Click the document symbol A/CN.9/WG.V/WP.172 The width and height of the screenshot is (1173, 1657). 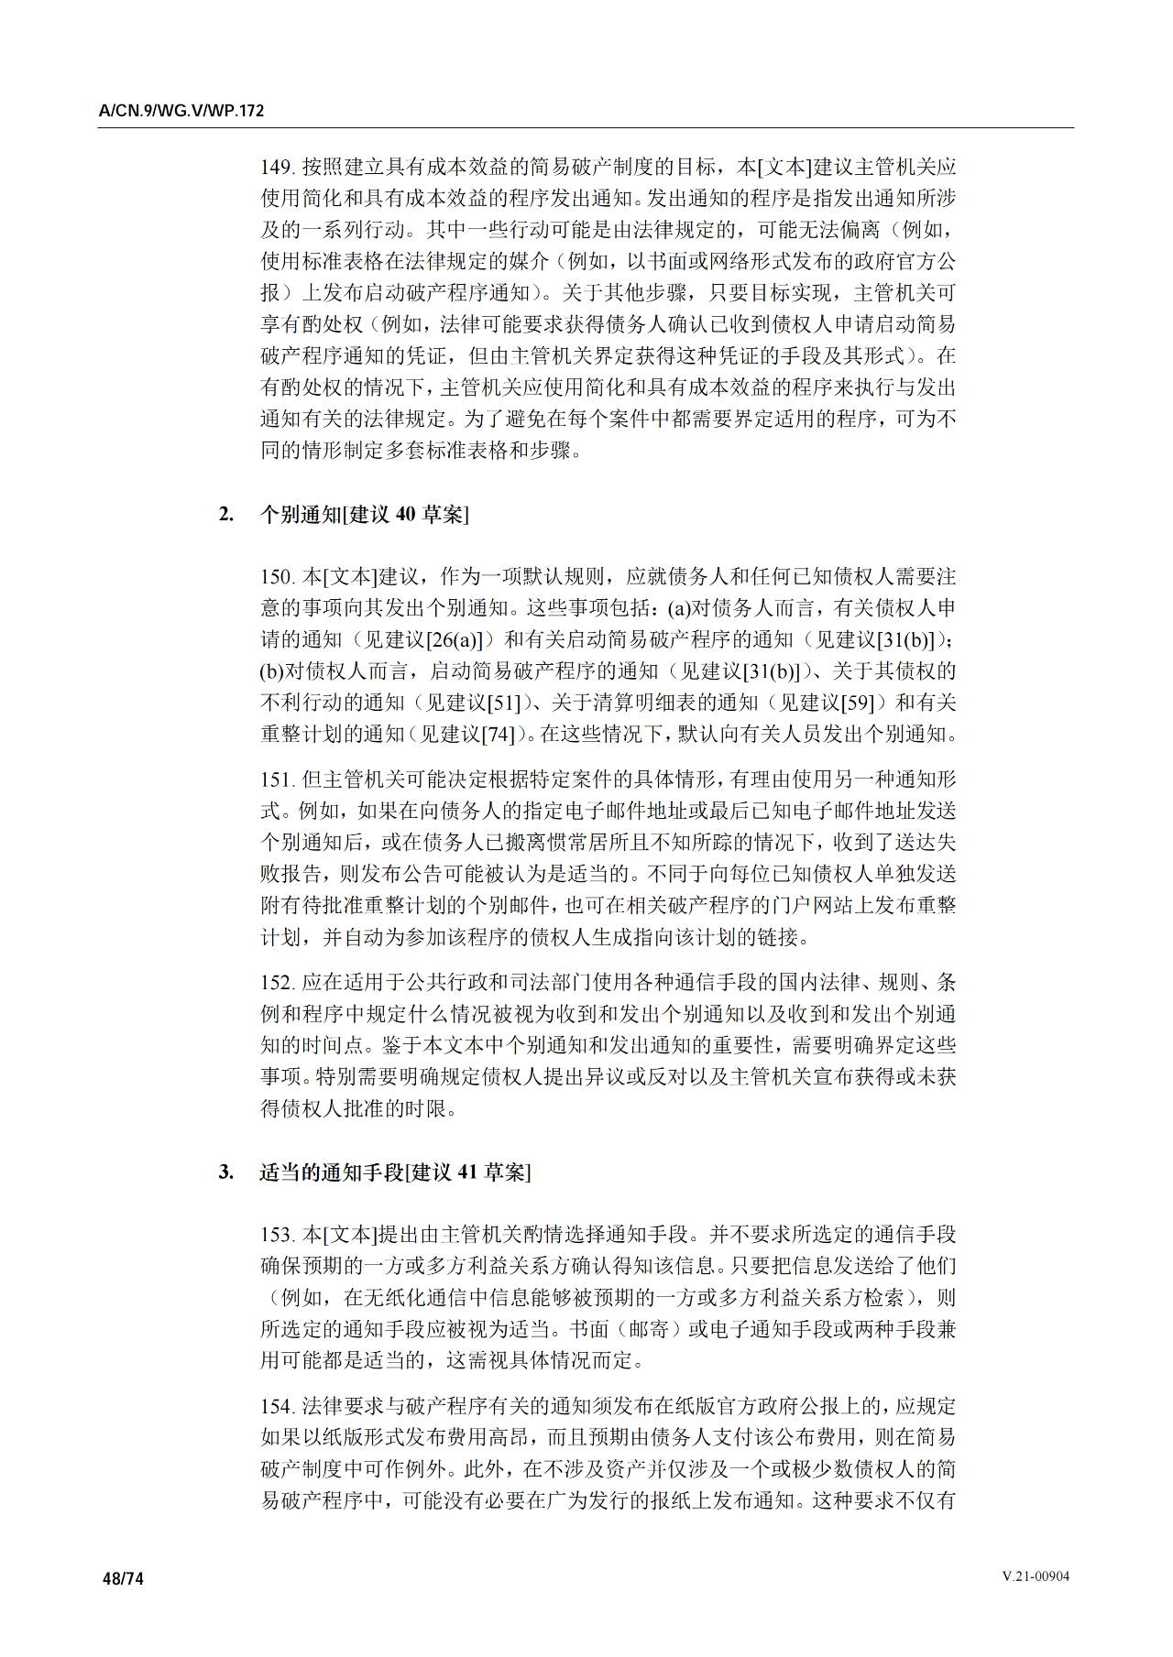click(x=181, y=111)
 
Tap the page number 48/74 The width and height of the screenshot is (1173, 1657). click(x=123, y=1578)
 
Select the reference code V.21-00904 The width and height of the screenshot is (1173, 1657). click(x=1035, y=1576)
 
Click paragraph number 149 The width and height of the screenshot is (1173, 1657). click(x=276, y=167)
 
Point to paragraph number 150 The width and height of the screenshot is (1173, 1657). click(x=276, y=576)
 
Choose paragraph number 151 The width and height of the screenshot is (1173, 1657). click(x=276, y=779)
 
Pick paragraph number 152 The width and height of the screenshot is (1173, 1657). click(x=276, y=983)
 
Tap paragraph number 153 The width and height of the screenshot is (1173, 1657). click(x=276, y=1235)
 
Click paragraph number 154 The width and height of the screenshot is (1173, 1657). click(x=276, y=1406)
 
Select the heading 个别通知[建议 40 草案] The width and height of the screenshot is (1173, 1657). click(x=364, y=515)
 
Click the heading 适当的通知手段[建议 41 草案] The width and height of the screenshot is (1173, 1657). click(x=395, y=1172)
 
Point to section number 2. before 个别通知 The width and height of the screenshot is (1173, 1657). click(x=225, y=515)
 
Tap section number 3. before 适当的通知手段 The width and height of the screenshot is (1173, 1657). click(x=225, y=1172)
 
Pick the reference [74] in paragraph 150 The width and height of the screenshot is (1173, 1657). click(x=499, y=734)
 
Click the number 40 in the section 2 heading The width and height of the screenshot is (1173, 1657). click(x=405, y=515)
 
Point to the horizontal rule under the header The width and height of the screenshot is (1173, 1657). click(x=586, y=127)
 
